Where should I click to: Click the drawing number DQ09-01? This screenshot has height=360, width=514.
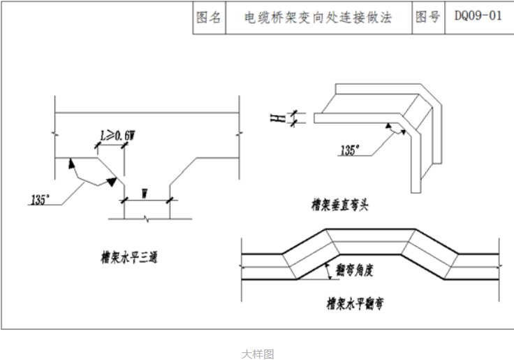[478, 17]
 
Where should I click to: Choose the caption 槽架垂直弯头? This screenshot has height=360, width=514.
[339, 206]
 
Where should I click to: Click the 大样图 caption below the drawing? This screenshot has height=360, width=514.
[258, 355]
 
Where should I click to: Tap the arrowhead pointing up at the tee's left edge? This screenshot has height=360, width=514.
[70, 165]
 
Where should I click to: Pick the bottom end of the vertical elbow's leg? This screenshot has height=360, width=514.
[415, 190]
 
